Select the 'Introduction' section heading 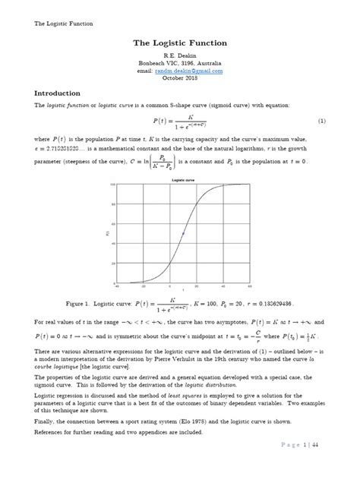click(62, 92)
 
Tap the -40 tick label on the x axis click(117, 287)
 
